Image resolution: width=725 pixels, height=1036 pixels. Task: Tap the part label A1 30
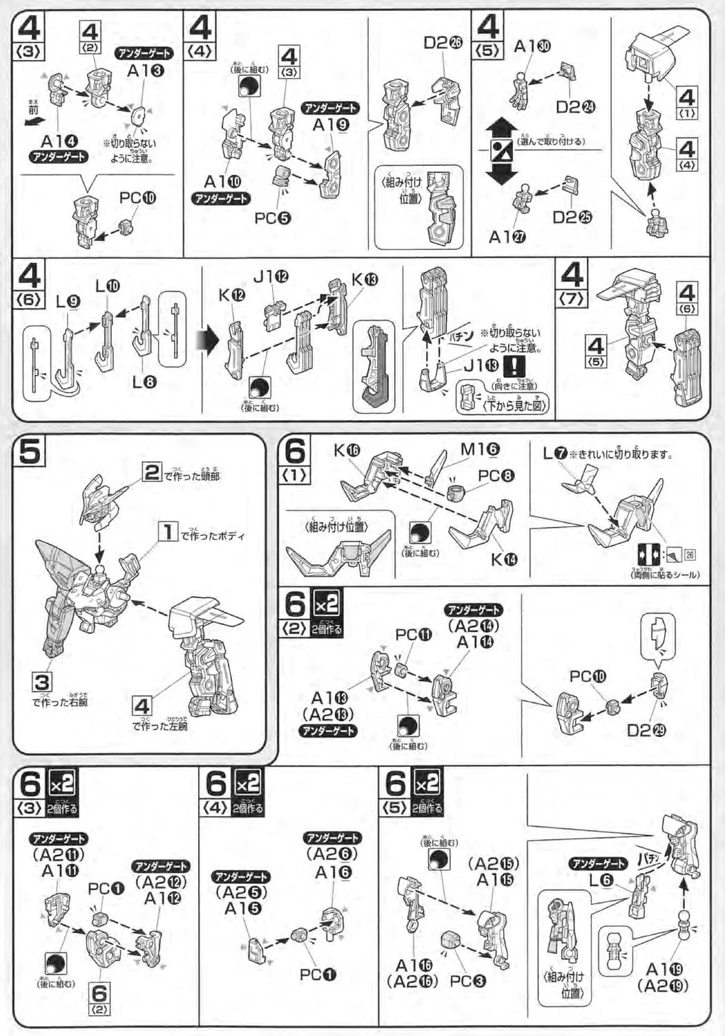[x=532, y=46]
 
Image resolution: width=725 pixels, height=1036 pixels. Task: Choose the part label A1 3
[x=145, y=70]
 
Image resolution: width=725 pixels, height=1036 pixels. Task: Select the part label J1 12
[x=271, y=277]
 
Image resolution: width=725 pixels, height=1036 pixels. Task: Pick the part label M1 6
[x=479, y=450]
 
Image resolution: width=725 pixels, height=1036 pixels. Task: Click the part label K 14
[x=504, y=559]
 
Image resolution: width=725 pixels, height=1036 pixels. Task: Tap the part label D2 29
[x=646, y=730]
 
